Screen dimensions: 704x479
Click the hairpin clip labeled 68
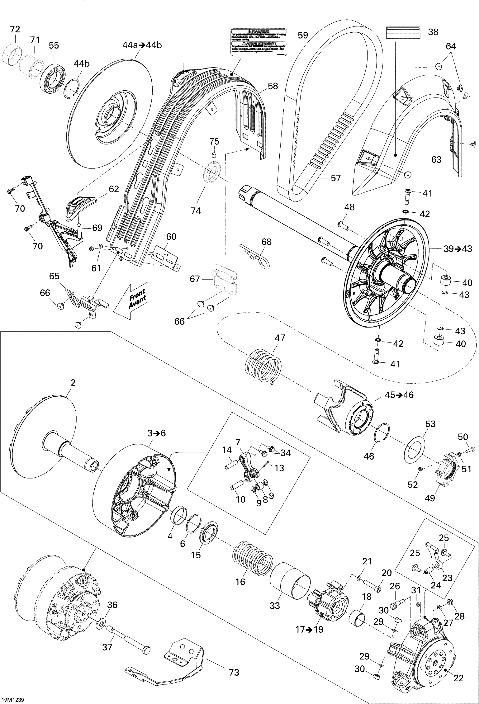256,256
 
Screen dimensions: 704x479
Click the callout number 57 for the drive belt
336,178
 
